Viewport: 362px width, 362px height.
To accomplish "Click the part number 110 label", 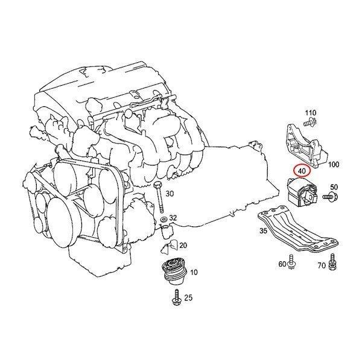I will click(311, 113).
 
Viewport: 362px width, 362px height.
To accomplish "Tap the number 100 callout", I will click(335, 164).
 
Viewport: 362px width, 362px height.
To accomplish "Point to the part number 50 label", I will click(334, 187).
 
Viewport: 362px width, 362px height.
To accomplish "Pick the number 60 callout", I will click(282, 264).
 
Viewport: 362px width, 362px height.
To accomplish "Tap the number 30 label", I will click(170, 194).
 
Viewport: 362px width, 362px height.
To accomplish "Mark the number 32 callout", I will click(173, 217).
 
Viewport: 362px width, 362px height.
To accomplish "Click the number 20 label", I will click(183, 245).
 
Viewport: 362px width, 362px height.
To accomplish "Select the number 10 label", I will click(194, 273).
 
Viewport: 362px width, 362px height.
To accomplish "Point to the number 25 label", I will click(188, 297).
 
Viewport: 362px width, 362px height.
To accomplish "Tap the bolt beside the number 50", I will click(329, 197).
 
